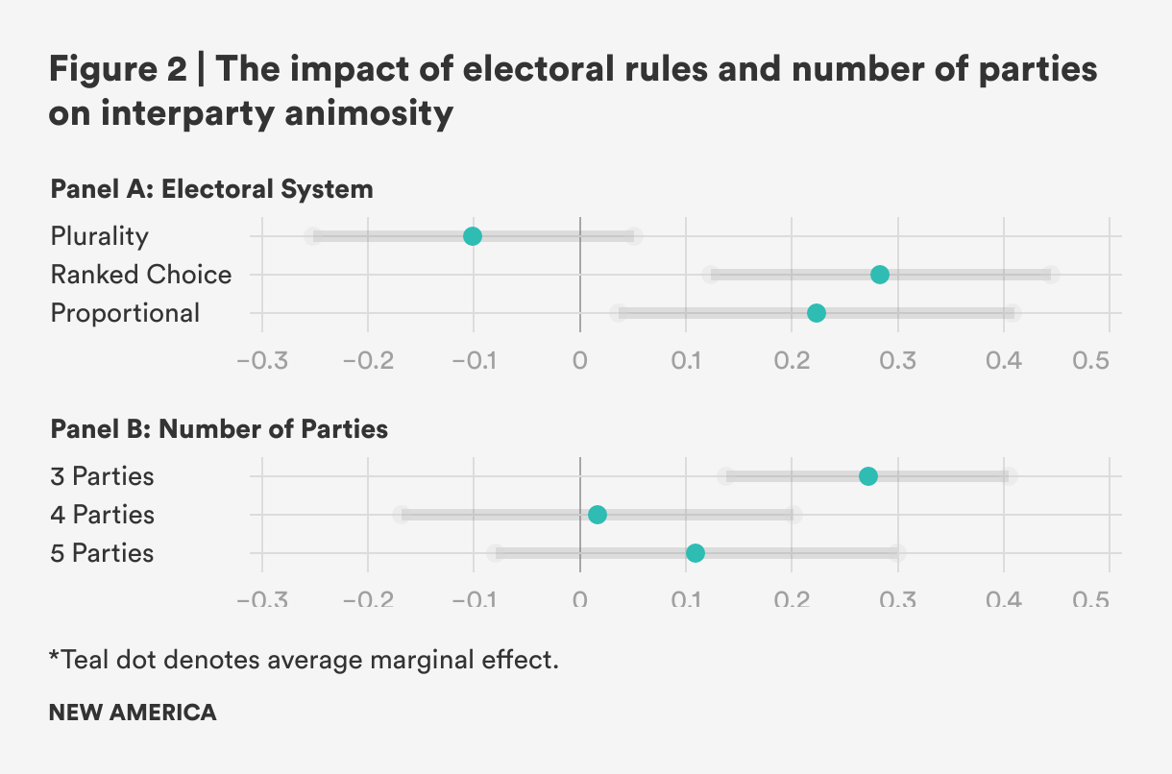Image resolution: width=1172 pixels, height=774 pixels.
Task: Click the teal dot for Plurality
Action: click(x=472, y=236)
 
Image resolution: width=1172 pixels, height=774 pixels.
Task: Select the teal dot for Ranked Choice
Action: click(x=879, y=275)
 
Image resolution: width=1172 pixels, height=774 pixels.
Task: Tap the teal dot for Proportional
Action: click(x=817, y=313)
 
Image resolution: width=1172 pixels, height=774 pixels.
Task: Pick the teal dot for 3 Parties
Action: click(x=868, y=476)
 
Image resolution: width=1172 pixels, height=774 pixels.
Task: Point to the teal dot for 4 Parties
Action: click(x=597, y=515)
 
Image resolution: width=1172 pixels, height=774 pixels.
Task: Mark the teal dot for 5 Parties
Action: click(x=696, y=553)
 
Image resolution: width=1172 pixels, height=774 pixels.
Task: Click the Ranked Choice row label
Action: click(x=141, y=275)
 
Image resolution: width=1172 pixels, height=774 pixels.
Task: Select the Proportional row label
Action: click(x=125, y=313)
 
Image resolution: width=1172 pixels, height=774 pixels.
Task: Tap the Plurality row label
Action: click(x=100, y=236)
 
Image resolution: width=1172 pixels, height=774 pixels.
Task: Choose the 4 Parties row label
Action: click(x=102, y=515)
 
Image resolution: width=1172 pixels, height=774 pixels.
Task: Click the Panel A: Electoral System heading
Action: click(x=211, y=189)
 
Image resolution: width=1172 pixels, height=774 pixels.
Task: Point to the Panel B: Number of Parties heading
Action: click(x=219, y=428)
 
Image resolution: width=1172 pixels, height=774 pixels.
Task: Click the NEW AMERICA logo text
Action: click(x=133, y=713)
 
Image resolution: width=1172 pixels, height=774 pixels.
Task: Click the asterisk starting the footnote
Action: click(x=54, y=658)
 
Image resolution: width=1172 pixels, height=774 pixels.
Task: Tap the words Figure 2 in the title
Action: click(x=119, y=71)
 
